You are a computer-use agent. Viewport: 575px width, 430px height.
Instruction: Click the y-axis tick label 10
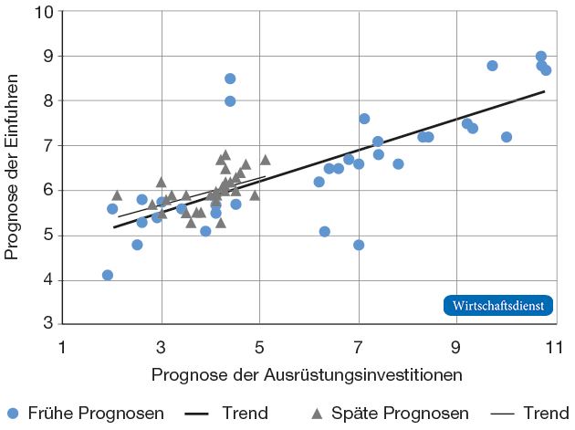click(x=43, y=13)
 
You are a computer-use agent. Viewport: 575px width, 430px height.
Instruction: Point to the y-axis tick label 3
click(x=47, y=324)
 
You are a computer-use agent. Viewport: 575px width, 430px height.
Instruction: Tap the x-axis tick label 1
click(x=62, y=347)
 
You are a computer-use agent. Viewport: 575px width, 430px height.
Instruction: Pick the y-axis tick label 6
click(x=47, y=191)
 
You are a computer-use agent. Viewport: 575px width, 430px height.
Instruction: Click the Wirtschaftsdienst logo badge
click(x=498, y=305)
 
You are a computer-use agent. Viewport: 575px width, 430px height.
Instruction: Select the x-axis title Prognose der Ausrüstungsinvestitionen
click(x=307, y=374)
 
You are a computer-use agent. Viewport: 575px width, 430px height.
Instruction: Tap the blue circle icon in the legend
click(x=12, y=413)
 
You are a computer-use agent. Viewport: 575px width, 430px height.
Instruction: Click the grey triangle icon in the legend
click(x=317, y=413)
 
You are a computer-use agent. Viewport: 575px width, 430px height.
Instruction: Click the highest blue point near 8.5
click(x=230, y=79)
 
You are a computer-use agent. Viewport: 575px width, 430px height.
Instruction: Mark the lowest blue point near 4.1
click(x=108, y=275)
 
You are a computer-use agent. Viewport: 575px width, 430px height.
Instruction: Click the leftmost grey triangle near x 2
click(x=117, y=195)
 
